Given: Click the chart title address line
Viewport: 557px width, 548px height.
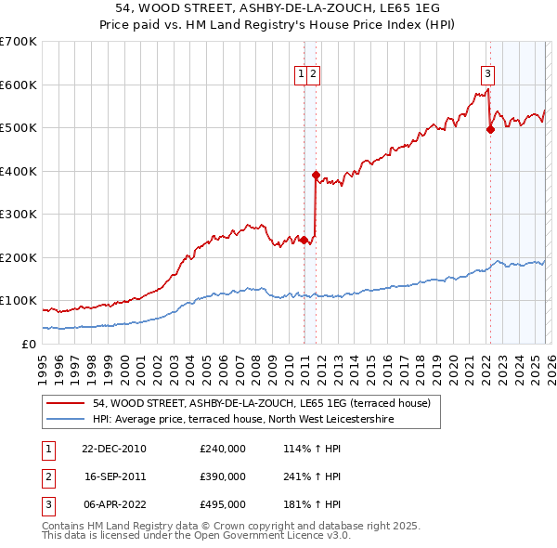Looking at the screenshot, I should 278,8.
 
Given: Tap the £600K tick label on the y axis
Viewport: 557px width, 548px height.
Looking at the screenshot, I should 19,85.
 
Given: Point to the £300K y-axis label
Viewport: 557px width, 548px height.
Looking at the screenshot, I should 19,214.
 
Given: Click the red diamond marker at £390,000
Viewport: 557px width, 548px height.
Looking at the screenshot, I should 317,175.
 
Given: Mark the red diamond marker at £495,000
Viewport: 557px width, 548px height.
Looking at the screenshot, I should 490,130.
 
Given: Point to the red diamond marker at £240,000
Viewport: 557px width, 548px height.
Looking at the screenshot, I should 304,240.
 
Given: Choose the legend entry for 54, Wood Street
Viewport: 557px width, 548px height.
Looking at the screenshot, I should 261,404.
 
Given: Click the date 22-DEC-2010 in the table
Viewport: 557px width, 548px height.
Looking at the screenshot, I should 115,449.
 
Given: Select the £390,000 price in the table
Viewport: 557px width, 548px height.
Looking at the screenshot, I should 223,476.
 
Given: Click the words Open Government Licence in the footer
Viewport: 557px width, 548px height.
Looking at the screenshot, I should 278,535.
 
